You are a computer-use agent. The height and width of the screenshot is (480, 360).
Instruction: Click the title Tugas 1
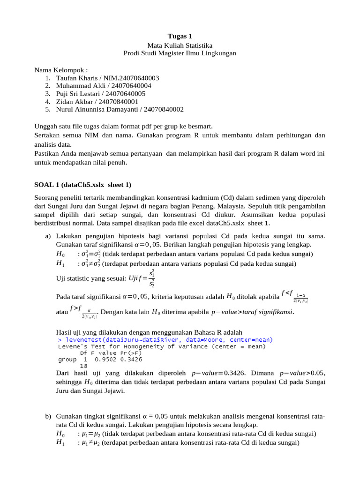click(x=180, y=36)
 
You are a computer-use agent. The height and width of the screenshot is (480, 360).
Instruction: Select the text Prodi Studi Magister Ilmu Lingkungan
click(x=180, y=53)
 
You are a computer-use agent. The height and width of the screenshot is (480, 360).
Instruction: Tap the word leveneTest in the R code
click(x=82, y=339)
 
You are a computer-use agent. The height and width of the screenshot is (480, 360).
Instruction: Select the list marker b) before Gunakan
click(x=48, y=416)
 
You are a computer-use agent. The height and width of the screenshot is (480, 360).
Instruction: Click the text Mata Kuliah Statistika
click(x=180, y=45)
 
